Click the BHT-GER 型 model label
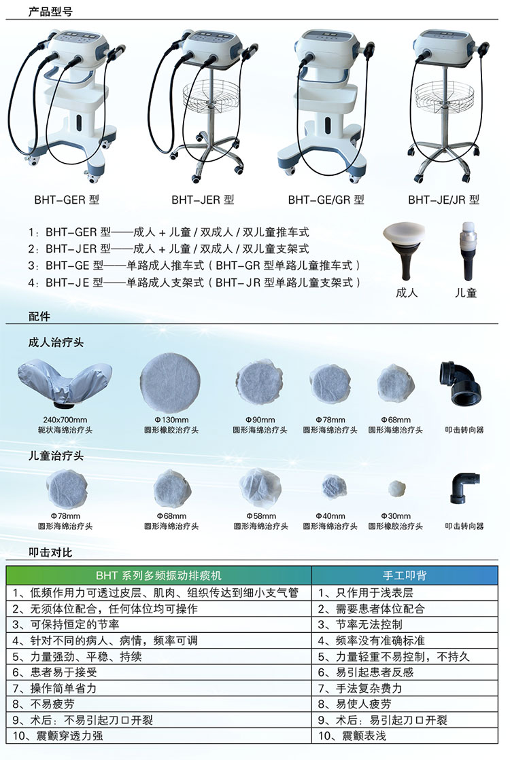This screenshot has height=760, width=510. coord(67,200)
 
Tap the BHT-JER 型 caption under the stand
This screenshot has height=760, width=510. coord(203,200)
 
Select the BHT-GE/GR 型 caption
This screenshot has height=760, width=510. coord(326,200)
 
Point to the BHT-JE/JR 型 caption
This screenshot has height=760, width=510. coord(443,200)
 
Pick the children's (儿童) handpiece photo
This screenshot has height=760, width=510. coord(468,251)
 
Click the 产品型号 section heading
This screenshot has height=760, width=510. coord(50,11)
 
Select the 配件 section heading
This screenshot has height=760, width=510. coord(39,316)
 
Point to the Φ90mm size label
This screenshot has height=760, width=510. coord(260,420)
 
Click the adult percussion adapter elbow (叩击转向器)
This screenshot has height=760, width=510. coord(460,383)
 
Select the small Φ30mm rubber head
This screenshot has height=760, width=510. coord(397,488)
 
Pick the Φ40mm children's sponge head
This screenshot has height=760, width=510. coord(334,487)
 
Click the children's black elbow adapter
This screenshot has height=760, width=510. coord(464,488)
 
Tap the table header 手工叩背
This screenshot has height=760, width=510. coord(405,575)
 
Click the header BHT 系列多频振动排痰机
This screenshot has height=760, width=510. coord(158,575)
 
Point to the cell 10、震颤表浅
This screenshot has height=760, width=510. coord(352,736)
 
